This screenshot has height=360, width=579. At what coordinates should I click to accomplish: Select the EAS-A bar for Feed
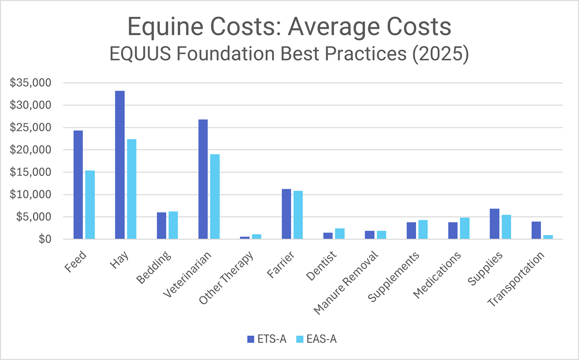[90, 205]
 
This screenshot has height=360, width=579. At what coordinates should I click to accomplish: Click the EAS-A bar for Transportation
[548, 237]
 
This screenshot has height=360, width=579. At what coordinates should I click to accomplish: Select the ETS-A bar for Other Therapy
[245, 238]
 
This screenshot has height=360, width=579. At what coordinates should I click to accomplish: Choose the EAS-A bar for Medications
[464, 228]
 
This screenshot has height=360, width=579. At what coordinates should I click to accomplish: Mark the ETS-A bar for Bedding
[161, 226]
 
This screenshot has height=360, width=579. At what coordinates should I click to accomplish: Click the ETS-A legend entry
[267, 339]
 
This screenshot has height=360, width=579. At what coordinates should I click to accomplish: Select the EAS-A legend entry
[317, 339]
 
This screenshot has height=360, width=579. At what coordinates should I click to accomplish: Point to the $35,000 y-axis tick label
[31, 83]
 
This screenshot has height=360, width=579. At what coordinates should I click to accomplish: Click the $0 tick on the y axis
[44, 239]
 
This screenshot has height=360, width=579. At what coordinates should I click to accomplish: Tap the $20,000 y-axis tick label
[31, 150]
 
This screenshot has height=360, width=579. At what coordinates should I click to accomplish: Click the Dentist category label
[321, 266]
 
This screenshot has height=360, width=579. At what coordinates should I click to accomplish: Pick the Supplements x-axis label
[393, 277]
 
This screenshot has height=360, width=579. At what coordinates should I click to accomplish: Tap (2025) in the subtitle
[440, 54]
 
